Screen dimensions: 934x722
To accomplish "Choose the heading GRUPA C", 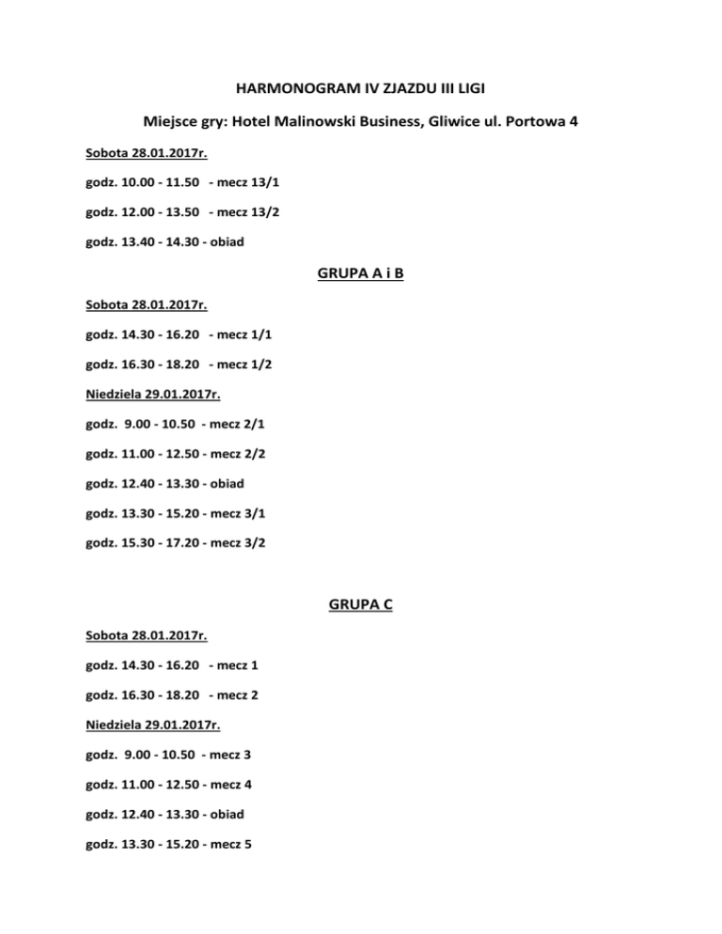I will tap(360, 605).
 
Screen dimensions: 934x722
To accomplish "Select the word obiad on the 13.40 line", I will tap(226, 241).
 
